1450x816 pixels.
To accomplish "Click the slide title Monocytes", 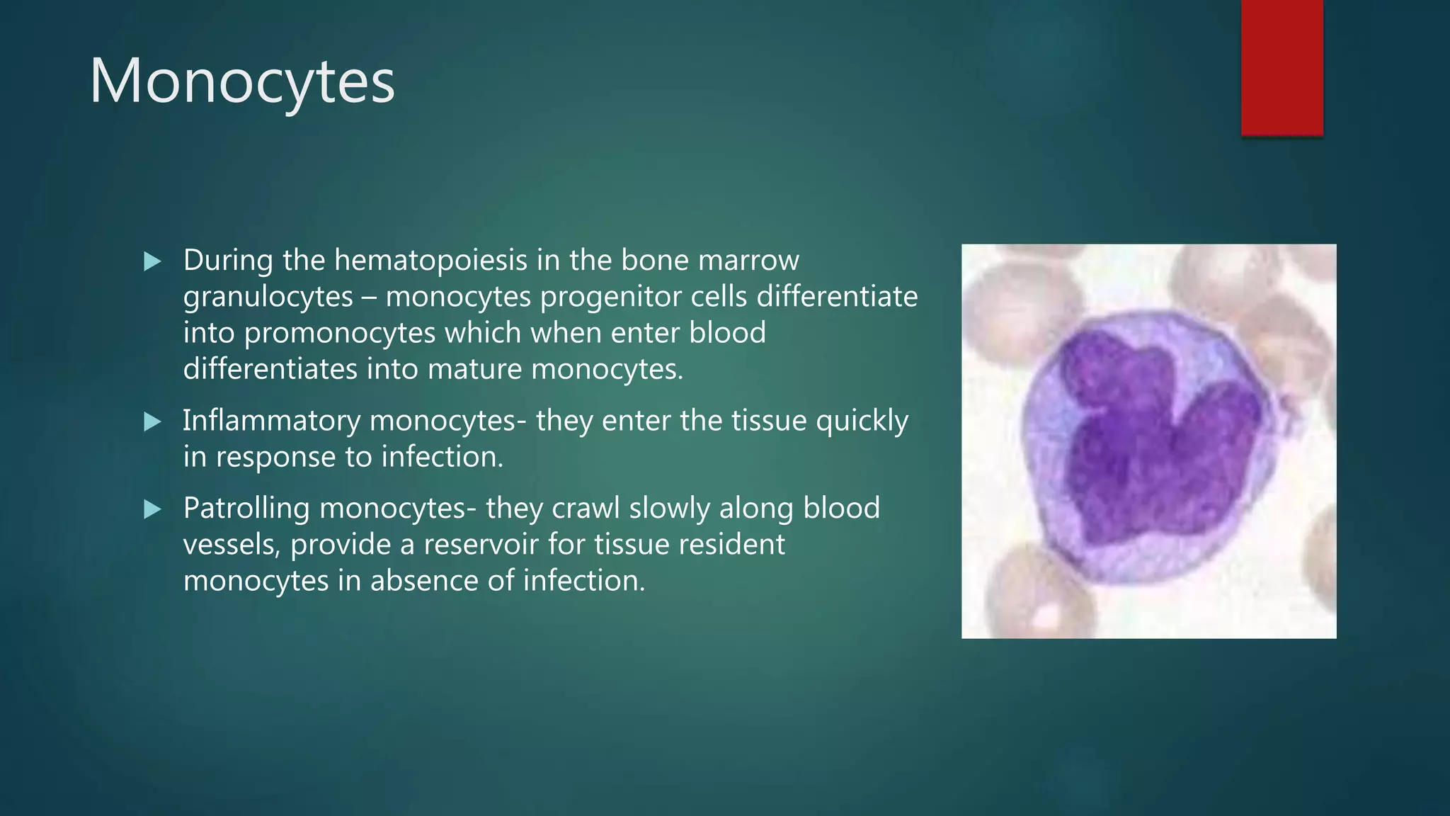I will coord(241,82).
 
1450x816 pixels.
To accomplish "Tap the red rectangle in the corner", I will coord(1281,67).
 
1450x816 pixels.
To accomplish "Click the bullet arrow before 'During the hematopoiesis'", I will coord(152,262).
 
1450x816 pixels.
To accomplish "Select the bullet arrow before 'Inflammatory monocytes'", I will coord(152,422).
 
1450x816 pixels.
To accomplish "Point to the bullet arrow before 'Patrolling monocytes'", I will coord(152,509).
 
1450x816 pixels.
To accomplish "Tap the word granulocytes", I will coord(268,297).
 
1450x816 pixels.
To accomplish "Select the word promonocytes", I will coord(339,334).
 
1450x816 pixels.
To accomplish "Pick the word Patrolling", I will coord(246,509).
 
